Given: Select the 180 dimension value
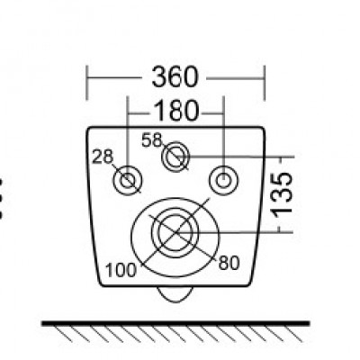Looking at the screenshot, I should [x=175, y=112].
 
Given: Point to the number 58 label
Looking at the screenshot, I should [x=152, y=139].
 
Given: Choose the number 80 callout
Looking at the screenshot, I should [x=229, y=264].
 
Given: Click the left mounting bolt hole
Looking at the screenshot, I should [x=129, y=181].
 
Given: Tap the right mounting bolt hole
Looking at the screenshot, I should [x=221, y=180].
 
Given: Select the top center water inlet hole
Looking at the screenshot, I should [x=175, y=159].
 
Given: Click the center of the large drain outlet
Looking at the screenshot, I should [x=175, y=231].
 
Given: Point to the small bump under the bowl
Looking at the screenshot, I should [x=175, y=292].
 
